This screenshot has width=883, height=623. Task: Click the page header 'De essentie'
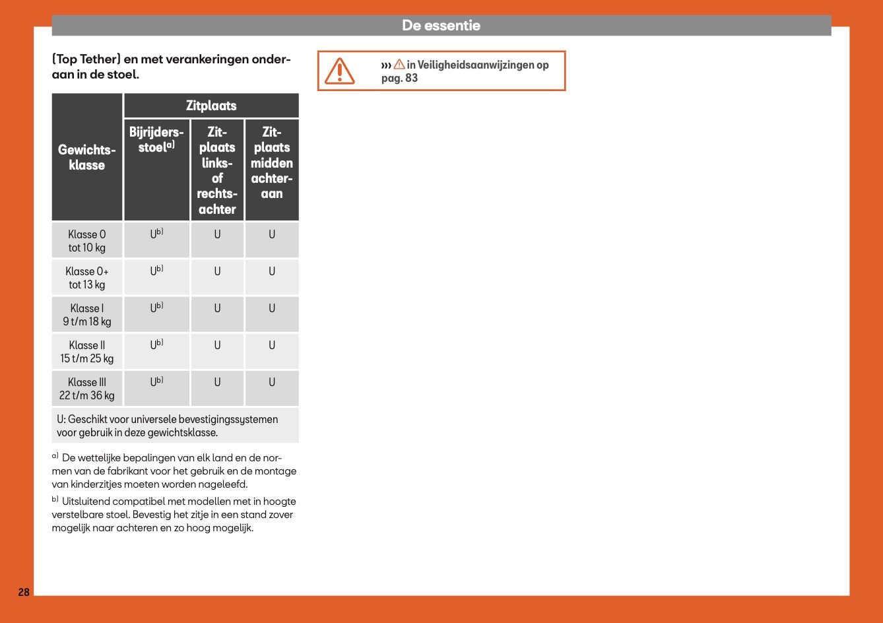441,26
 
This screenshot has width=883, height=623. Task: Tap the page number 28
24,592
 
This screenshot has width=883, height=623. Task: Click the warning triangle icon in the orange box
339,71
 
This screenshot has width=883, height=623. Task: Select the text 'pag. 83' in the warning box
399,79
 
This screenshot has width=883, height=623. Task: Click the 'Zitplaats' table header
211,106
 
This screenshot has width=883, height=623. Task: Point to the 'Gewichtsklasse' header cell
87,158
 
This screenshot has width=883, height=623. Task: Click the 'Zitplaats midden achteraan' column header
271,163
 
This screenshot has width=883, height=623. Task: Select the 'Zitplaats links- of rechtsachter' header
217,170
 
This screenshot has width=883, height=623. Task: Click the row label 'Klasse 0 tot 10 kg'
87,241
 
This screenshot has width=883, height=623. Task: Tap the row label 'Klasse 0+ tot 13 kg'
87,278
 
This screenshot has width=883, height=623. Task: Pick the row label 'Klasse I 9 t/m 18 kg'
87,315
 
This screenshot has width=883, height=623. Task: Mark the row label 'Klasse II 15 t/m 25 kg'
87,352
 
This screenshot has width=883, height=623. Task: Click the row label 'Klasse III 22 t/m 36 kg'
87,389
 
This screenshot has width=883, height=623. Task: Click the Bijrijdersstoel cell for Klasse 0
156,234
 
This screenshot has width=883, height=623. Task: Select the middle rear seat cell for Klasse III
271,382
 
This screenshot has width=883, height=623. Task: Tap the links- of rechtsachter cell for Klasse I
217,308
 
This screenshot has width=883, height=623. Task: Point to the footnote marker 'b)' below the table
55,500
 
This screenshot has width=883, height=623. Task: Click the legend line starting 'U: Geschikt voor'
168,420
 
